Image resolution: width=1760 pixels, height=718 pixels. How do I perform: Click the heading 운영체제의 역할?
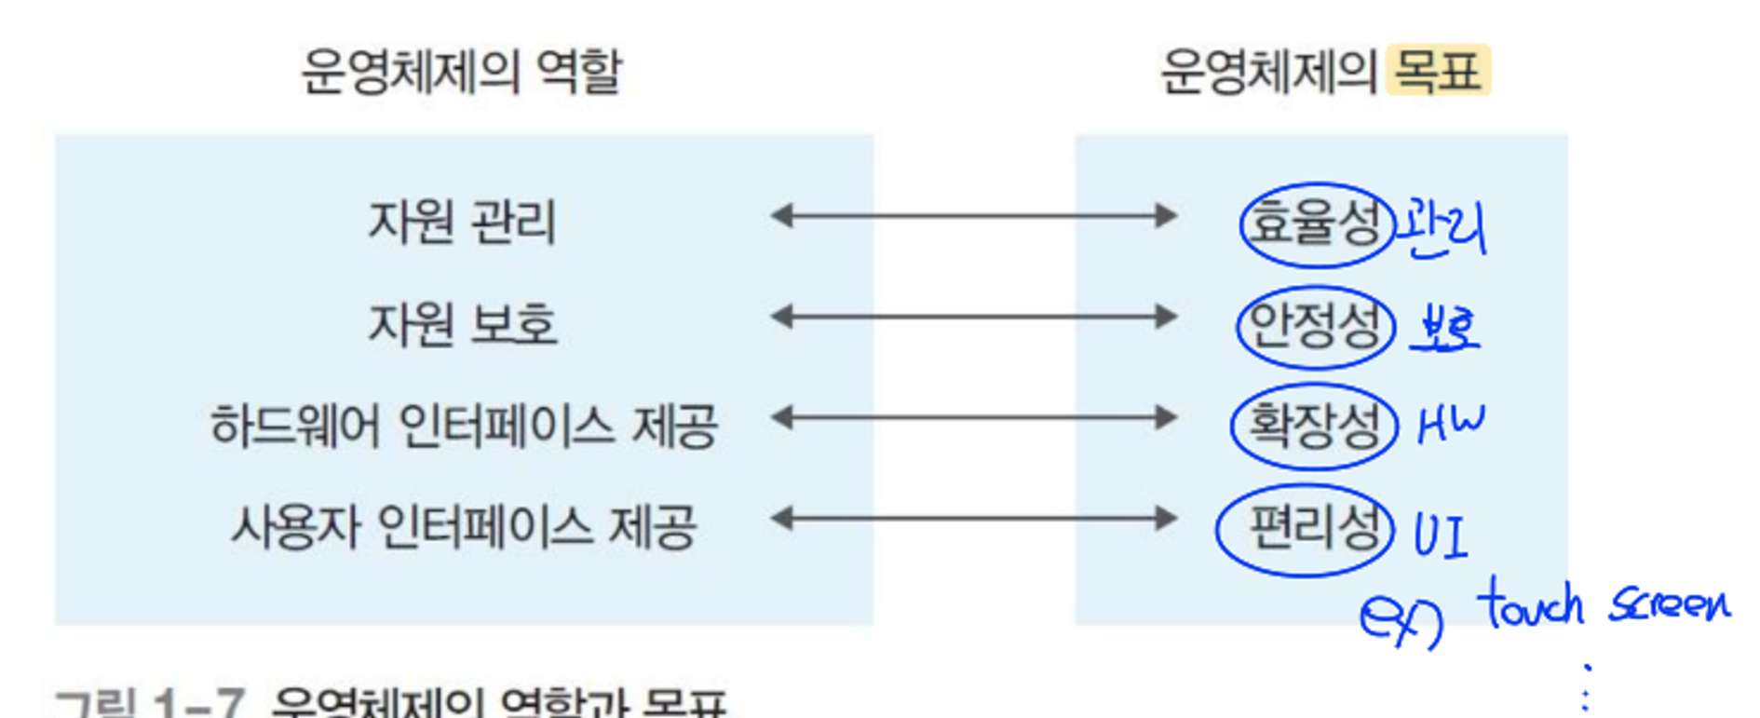coord(461,71)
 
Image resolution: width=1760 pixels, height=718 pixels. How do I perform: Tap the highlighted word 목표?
coord(1438,71)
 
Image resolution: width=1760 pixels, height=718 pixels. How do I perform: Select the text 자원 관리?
coord(462,222)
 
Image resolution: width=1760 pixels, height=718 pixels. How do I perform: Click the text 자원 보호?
coord(463,324)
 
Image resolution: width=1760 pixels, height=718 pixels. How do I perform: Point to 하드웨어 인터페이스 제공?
coord(464,427)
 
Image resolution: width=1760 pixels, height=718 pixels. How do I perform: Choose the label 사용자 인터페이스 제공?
coord(464,527)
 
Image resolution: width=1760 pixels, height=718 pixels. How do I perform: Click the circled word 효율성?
coord(1315,224)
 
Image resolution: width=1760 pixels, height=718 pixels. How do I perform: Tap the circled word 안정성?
coord(1315,326)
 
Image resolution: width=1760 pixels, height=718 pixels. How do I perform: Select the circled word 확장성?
coord(1314,426)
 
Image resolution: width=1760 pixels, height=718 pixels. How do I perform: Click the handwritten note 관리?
coord(1442,226)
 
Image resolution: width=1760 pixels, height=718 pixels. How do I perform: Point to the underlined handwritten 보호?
coord(1445,328)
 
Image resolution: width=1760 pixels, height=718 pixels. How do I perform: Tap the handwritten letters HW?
coord(1450,424)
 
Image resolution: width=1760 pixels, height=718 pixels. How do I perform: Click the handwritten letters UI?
coord(1440,535)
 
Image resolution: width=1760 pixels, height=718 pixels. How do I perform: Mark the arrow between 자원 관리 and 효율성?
coord(974,216)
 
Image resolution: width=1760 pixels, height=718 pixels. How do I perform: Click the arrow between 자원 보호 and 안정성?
coord(974,317)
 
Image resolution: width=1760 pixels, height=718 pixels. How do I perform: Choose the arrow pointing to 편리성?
coord(974,518)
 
